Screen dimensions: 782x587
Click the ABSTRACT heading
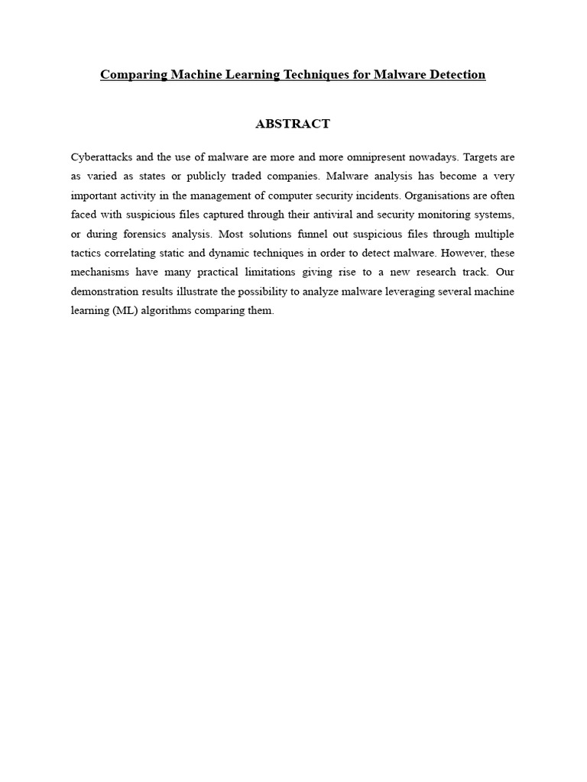(293, 124)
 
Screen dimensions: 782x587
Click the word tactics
(87, 254)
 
